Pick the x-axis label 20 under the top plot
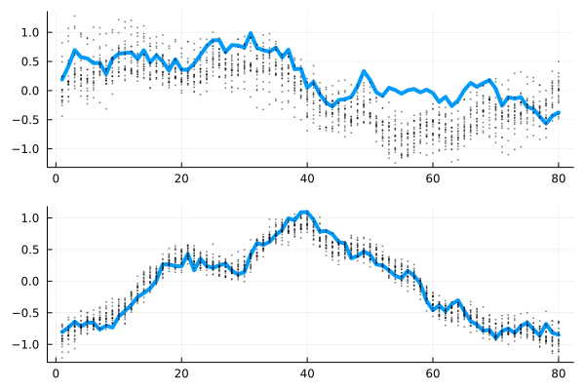pos(180,179)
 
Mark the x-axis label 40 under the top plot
pos(306,179)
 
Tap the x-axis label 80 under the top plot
pos(559,179)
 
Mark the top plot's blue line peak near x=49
pos(363,71)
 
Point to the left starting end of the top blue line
pos(61,79)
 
